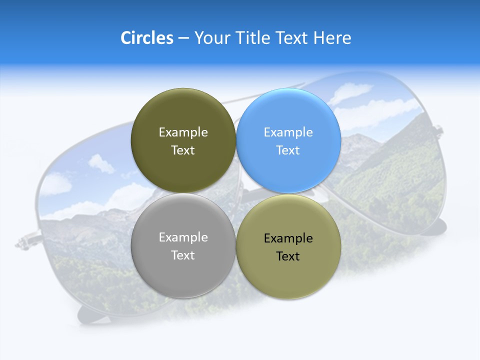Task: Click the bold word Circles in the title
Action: point(146,38)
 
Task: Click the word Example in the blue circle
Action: point(288,132)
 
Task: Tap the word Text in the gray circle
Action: point(183,255)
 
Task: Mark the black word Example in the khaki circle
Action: point(288,238)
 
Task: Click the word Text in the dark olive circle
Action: point(183,150)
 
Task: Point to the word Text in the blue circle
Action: point(288,150)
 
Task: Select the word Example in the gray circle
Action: point(183,237)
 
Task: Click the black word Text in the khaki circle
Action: point(288,256)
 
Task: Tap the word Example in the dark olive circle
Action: point(183,132)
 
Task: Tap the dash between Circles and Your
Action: point(183,38)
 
